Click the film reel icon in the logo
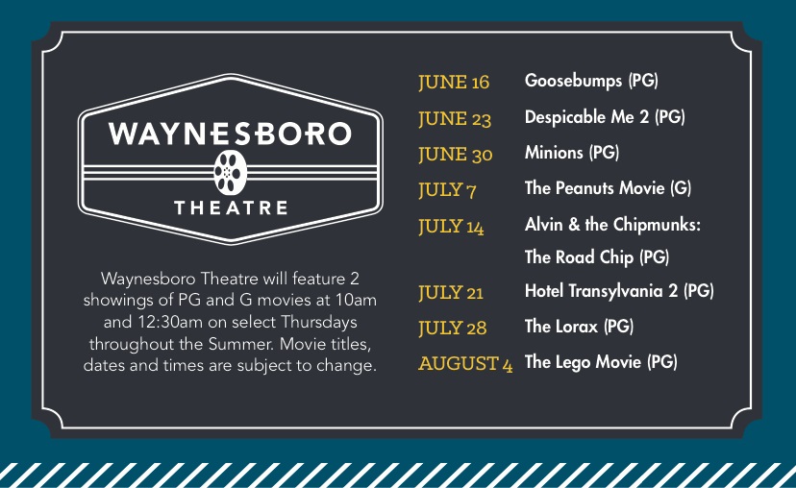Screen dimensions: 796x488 (231, 173)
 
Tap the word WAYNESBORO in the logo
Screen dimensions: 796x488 (230, 134)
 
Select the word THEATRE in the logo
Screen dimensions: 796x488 (231, 207)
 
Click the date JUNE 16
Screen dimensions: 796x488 (454, 83)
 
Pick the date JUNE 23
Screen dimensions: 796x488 (455, 119)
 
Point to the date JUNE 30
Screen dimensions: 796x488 (456, 155)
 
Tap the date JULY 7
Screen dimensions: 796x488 (447, 190)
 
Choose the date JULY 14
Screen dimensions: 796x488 (451, 227)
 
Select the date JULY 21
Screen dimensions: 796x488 (451, 293)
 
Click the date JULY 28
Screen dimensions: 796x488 (453, 329)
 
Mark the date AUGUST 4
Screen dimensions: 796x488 (465, 364)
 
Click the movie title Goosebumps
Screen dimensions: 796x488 (574, 81)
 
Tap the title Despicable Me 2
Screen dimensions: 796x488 (586, 117)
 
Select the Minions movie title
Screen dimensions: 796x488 (554, 153)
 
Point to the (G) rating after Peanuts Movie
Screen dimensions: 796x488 (681, 188)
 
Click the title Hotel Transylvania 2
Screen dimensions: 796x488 (601, 291)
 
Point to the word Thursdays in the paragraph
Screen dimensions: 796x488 (319, 322)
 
